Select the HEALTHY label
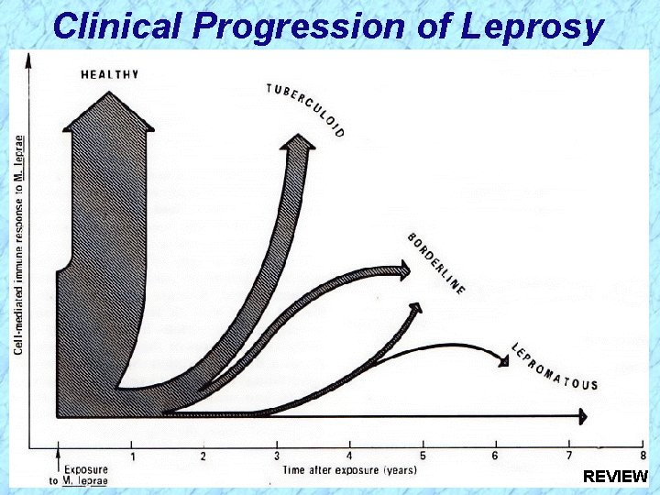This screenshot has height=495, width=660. (x=110, y=74)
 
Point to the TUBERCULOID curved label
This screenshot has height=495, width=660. (x=306, y=109)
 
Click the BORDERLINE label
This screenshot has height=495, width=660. (x=436, y=263)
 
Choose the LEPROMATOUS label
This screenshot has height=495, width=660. (x=555, y=367)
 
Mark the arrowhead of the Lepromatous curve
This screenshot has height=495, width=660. (x=502, y=361)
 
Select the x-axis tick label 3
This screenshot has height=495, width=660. (x=277, y=456)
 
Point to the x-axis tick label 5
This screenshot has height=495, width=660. (x=423, y=456)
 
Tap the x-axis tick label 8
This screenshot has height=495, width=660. (x=642, y=456)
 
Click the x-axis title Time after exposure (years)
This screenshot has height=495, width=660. (x=349, y=470)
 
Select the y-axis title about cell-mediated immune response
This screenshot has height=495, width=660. (x=19, y=246)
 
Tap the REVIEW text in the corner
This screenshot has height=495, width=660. (x=615, y=477)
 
